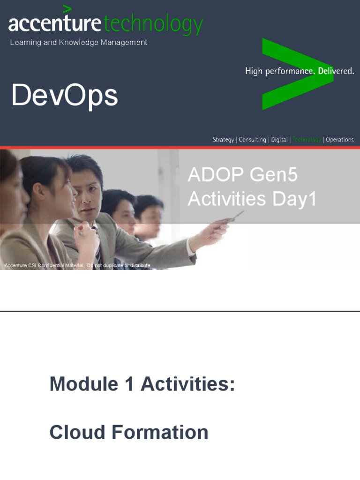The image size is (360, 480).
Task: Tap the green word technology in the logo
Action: (x=153, y=24)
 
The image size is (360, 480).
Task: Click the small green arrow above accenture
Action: (x=67, y=8)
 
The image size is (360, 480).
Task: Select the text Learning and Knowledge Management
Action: (x=79, y=43)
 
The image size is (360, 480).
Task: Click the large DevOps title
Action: (x=65, y=96)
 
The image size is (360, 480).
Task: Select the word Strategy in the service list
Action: (x=223, y=140)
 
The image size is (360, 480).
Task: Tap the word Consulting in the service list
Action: (x=252, y=140)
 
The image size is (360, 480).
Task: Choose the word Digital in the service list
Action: (x=279, y=140)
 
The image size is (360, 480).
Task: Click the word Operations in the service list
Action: (x=340, y=140)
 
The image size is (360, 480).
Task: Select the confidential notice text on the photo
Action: (x=77, y=266)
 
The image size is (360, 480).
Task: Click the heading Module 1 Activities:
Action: (x=142, y=384)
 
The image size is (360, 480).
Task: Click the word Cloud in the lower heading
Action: (x=75, y=432)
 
